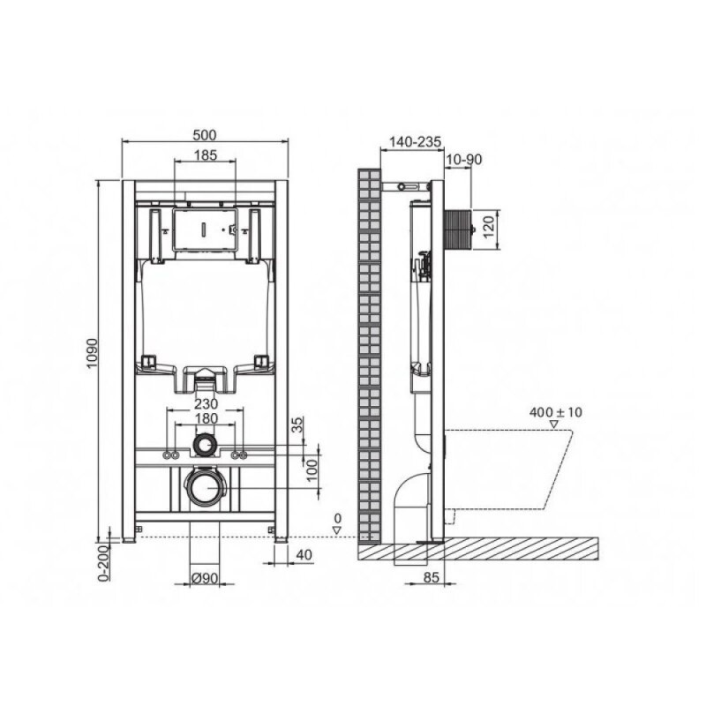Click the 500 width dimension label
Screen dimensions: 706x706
click(205, 135)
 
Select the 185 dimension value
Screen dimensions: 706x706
click(206, 155)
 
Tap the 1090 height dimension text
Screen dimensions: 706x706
click(93, 352)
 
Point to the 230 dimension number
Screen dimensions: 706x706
click(206, 404)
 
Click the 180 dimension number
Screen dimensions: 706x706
click(206, 418)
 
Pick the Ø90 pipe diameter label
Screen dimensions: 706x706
click(204, 578)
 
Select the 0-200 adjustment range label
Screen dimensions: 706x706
click(104, 563)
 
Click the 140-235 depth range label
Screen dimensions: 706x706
click(415, 142)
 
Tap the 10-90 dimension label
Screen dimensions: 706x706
click(464, 160)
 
